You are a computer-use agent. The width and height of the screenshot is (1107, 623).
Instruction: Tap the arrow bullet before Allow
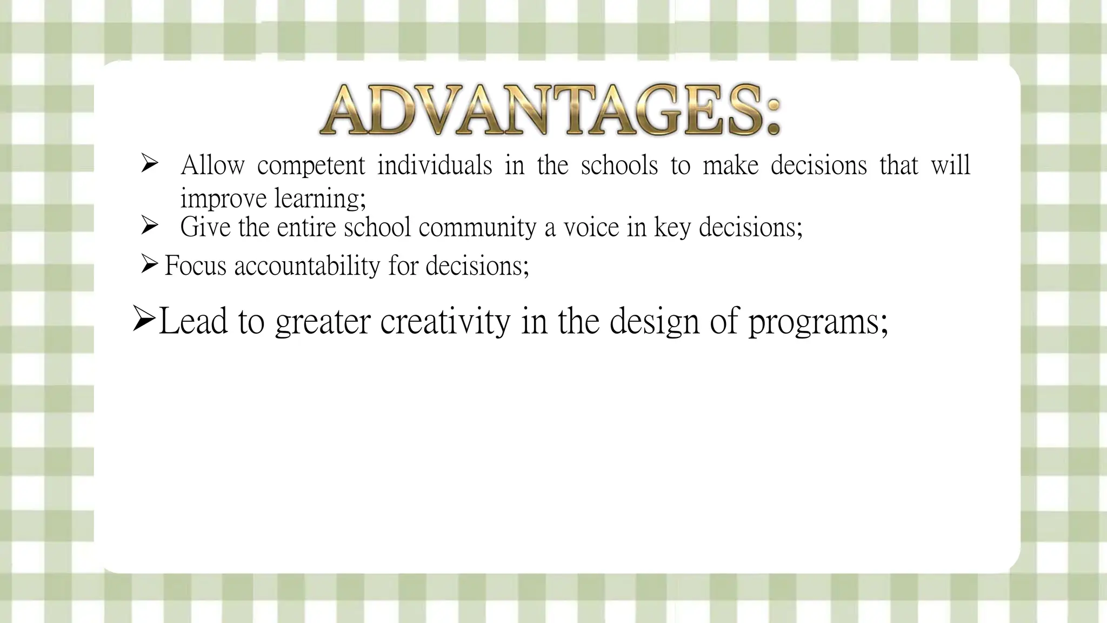tap(149, 164)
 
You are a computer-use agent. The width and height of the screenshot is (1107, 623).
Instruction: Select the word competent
tap(311, 165)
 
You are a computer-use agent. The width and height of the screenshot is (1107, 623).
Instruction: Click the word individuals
tap(435, 165)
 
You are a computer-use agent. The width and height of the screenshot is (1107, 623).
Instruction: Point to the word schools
tap(619, 165)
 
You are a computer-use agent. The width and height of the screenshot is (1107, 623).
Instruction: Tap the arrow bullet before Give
tap(149, 226)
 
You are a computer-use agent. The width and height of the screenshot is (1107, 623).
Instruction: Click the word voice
tap(591, 227)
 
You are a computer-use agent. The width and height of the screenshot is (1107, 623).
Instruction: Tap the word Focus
tap(195, 266)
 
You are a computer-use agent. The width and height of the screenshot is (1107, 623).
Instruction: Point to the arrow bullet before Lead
tap(144, 320)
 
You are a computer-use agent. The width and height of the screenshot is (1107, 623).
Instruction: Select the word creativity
tap(445, 322)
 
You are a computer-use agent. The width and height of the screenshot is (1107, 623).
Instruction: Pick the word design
tap(652, 322)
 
